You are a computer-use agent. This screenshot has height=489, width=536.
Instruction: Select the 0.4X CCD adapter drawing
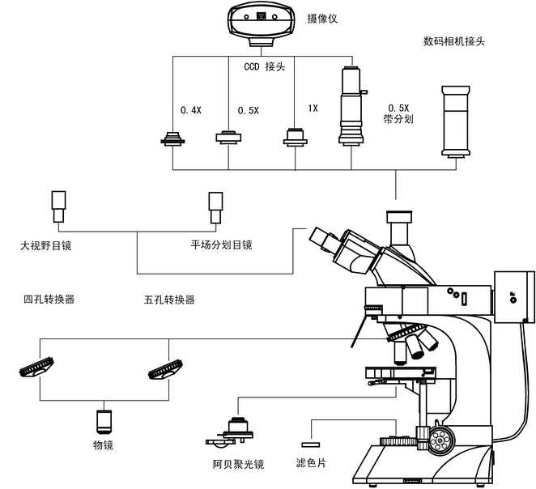[174, 138]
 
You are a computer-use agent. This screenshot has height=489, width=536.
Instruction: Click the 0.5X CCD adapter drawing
[229, 137]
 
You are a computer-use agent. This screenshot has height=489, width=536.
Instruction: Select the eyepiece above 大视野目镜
[59, 207]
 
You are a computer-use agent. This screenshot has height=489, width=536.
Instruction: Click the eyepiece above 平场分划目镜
[215, 207]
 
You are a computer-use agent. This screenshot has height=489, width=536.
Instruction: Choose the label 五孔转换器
[169, 300]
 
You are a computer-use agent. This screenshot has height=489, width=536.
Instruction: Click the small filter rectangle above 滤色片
[310, 444]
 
